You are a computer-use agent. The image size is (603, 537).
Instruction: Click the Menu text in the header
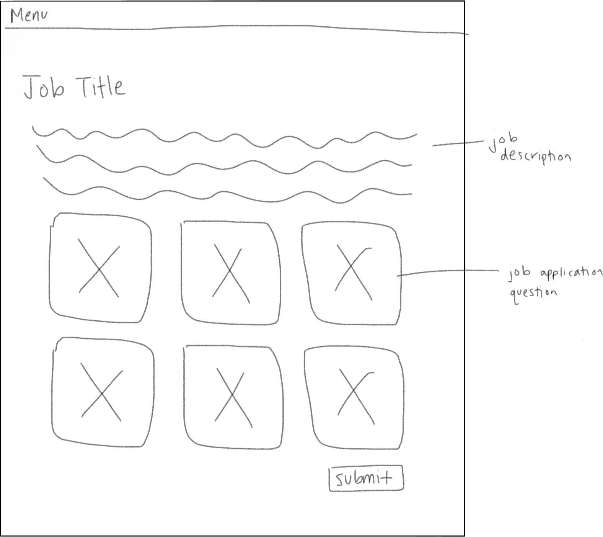(x=29, y=16)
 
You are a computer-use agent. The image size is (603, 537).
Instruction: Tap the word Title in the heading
(x=102, y=87)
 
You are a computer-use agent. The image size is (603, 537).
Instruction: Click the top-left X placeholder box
(x=100, y=268)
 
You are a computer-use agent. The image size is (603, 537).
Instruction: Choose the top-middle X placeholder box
(x=231, y=273)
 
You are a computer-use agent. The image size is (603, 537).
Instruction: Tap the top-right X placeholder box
(x=352, y=273)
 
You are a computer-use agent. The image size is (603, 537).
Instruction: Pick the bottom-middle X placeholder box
(x=233, y=397)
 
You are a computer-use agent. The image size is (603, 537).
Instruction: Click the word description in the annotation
(x=536, y=156)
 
